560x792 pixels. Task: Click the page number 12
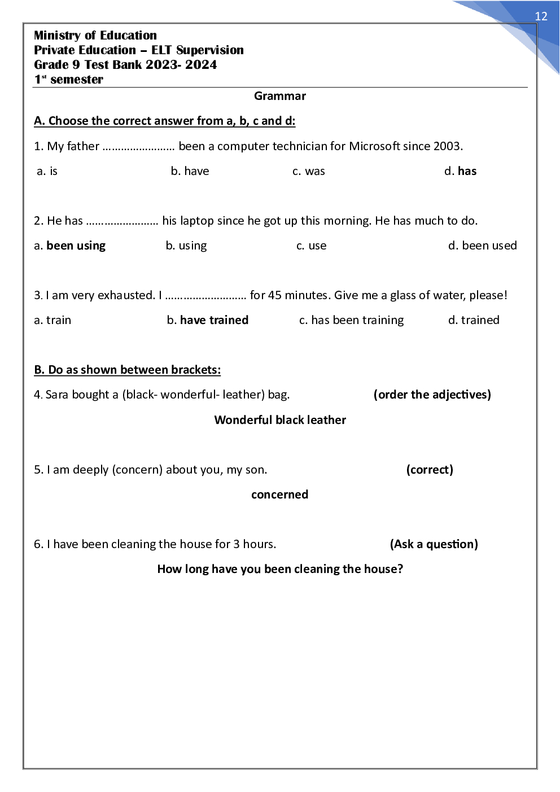541,16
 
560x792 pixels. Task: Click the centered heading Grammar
280,96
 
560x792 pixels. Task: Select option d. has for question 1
461,171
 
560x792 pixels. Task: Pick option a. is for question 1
47,171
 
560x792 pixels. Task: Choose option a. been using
70,246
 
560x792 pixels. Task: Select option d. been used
483,246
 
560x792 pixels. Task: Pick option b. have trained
208,320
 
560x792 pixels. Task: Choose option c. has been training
352,320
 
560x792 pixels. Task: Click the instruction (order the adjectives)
432,395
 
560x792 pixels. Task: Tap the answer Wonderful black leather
280,420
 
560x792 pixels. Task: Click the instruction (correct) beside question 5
430,470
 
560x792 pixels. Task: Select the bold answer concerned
280,495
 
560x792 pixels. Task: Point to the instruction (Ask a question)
434,544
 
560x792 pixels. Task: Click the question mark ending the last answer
400,569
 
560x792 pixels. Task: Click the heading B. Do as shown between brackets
127,370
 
